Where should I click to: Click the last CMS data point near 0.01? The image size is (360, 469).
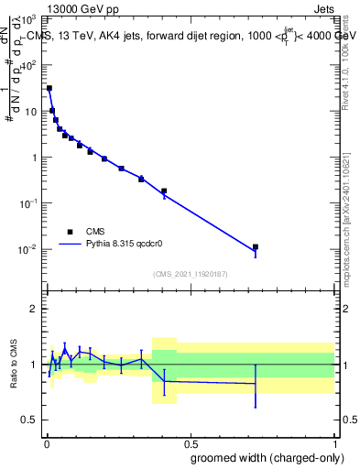click(x=256, y=247)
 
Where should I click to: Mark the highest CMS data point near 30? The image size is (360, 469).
click(x=49, y=89)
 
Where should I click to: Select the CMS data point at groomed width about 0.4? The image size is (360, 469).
click(x=164, y=191)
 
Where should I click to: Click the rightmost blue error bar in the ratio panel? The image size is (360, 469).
click(x=256, y=385)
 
